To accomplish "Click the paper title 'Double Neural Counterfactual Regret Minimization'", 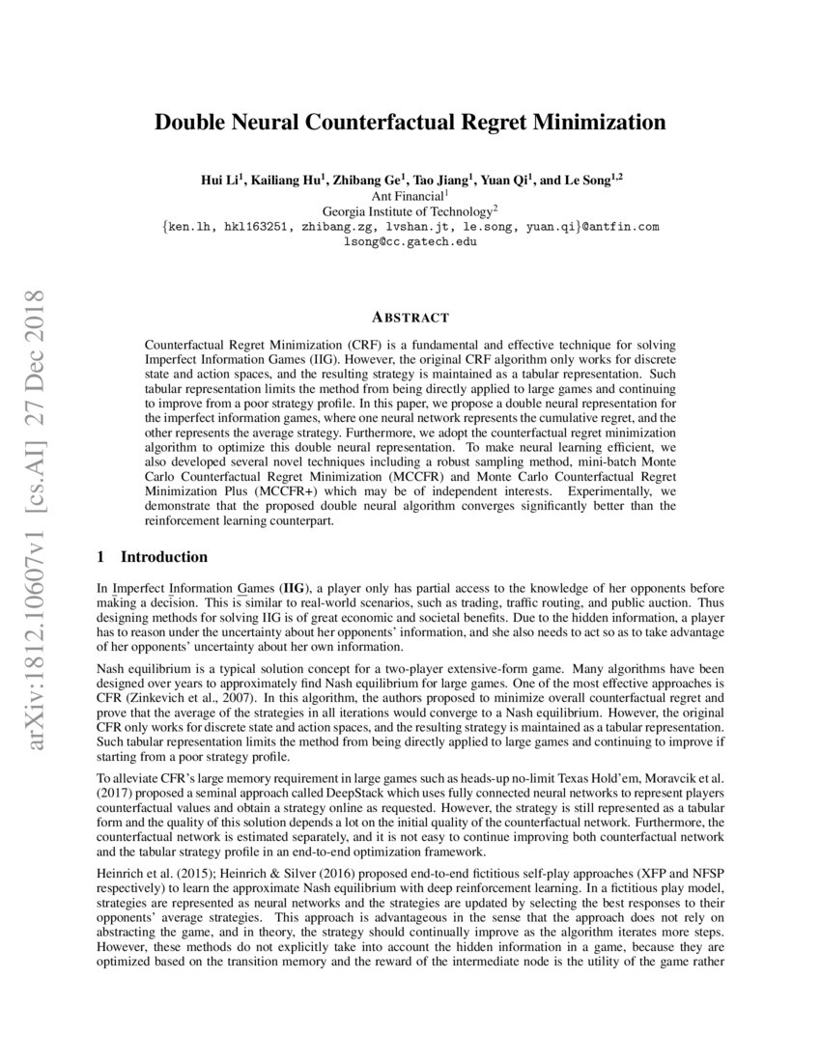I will [410, 124].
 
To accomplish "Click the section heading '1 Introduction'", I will [153, 557].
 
